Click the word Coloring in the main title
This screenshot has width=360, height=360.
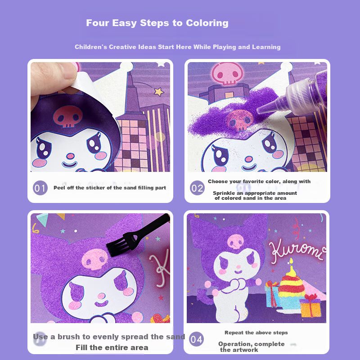pos(207,23)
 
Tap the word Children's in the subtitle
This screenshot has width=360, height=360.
pos(91,47)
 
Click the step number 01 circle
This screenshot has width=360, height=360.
pos(40,188)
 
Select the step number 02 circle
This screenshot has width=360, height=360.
pos(197,188)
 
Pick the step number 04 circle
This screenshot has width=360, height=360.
pos(196,339)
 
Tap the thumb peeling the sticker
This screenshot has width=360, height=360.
pos(53,78)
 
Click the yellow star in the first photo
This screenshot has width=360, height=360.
pos(159,92)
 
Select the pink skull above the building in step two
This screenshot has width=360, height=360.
pos(227,73)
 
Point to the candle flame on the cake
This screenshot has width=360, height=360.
pos(291,261)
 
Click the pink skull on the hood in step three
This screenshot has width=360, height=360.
pos(94,259)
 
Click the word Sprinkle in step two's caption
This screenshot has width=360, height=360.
pos(224,193)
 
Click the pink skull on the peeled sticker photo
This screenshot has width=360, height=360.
pos(68,117)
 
